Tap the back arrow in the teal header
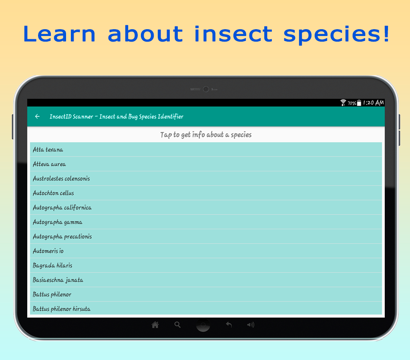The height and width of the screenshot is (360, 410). [x=37, y=116]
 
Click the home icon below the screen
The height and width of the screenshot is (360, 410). [x=155, y=325]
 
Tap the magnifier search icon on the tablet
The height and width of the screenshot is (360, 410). [x=177, y=325]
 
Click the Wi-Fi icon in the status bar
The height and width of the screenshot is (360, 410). [x=343, y=103]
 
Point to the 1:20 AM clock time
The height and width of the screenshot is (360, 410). [x=374, y=103]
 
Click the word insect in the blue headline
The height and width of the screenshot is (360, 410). [x=233, y=34]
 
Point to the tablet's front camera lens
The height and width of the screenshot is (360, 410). [x=206, y=89]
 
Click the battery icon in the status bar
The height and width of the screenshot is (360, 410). [x=359, y=103]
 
